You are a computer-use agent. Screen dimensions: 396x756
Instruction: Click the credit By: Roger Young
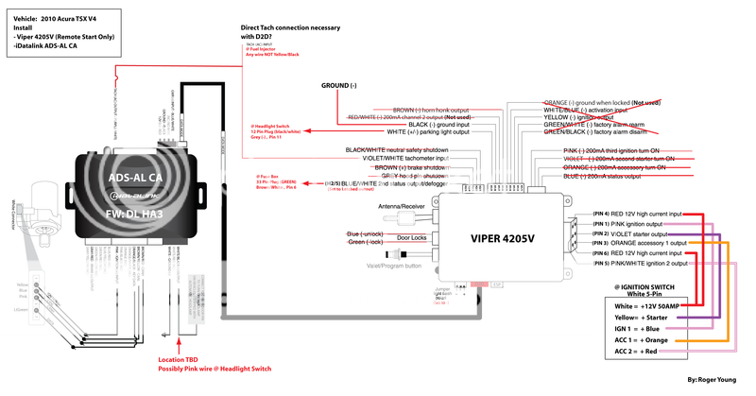point(717,379)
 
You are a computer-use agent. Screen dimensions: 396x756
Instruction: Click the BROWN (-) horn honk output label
point(429,110)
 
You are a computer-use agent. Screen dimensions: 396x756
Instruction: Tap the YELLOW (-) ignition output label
point(578,117)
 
